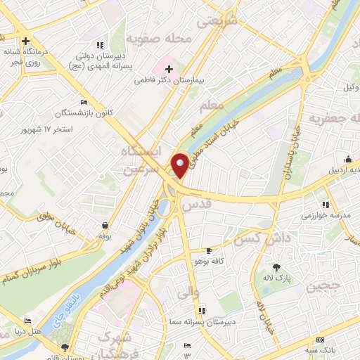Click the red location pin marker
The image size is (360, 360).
(x=180, y=165)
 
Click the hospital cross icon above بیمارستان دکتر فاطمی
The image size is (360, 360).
(x=168, y=68)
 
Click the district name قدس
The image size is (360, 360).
(x=196, y=205)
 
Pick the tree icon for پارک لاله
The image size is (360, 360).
(x=276, y=267)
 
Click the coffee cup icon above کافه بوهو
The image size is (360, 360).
(x=208, y=250)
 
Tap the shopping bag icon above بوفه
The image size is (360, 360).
(x=105, y=225)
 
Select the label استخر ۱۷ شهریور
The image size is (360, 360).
(x=49, y=131)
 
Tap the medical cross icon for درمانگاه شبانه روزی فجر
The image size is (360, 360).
(x=25, y=41)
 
